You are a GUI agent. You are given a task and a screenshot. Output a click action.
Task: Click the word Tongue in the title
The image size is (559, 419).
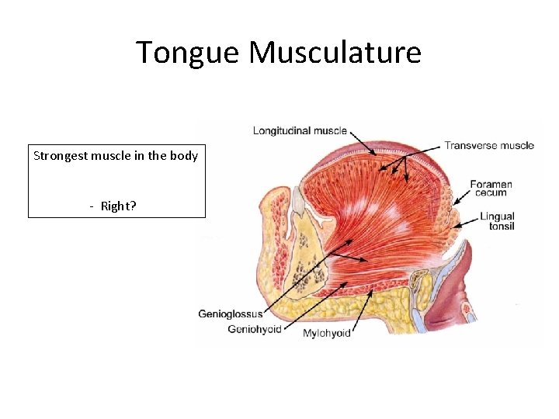[x=189, y=53]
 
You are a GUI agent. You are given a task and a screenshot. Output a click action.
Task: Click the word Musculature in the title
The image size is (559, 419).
[x=335, y=53]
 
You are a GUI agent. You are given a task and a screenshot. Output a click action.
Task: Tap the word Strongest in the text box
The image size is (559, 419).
[x=60, y=156]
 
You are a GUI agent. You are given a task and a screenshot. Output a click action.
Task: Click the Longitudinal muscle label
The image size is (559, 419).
[x=300, y=130]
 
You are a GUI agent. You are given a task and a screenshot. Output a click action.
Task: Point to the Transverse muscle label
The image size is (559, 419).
[x=488, y=145]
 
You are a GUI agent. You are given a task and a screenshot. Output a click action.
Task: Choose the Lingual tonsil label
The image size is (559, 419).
[x=497, y=221]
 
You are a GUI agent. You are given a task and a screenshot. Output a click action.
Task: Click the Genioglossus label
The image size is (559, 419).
[x=230, y=314]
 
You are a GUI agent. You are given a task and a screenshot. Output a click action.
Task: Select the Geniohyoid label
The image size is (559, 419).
[x=253, y=329]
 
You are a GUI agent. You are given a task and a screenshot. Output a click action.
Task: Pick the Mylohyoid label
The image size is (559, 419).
[x=326, y=333]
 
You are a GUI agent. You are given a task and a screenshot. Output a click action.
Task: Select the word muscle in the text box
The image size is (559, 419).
[x=115, y=156]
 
